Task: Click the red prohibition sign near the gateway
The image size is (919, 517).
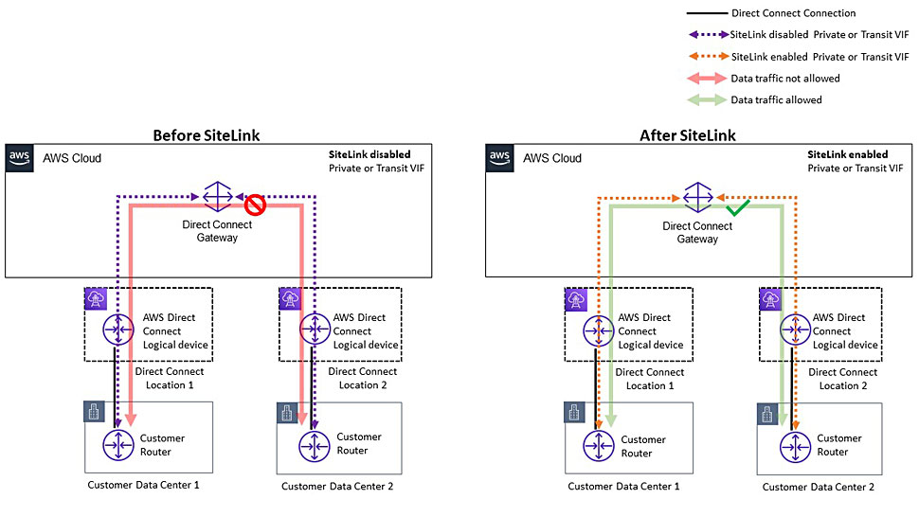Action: pyautogui.click(x=255, y=205)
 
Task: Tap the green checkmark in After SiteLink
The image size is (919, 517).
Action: pyautogui.click(x=737, y=207)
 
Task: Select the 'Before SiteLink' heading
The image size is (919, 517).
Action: pyautogui.click(x=207, y=135)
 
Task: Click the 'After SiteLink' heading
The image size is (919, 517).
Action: pyautogui.click(x=688, y=135)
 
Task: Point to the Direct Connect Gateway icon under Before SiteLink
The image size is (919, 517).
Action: pyautogui.click(x=218, y=197)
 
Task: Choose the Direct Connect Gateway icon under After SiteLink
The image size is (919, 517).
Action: pyautogui.click(x=698, y=197)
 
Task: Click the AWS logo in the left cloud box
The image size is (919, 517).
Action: pyautogui.click(x=19, y=158)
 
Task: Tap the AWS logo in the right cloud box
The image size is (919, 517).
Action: pyautogui.click(x=499, y=158)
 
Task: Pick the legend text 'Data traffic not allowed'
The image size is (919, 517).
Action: pyautogui.click(x=784, y=79)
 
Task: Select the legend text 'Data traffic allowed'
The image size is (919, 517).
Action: pyautogui.click(x=776, y=100)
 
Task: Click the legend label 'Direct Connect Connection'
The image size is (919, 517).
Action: pyautogui.click(x=794, y=13)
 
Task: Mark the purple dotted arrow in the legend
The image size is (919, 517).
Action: pyautogui.click(x=708, y=35)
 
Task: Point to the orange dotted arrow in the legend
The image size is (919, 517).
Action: pyautogui.click(x=708, y=57)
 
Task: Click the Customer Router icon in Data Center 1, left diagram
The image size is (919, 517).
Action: pyautogui.click(x=118, y=445)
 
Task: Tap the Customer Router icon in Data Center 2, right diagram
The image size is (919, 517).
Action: pyautogui.click(x=795, y=447)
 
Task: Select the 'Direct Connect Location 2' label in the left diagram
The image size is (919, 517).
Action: pyautogui.click(x=362, y=378)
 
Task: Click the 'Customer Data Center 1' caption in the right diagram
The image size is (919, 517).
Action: pyautogui.click(x=623, y=486)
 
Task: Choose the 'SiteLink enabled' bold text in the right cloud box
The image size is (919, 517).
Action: pyautogui.click(x=848, y=154)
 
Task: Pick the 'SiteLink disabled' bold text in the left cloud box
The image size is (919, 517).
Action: pyautogui.click(x=369, y=154)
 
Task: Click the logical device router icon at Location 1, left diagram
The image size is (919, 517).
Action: pyautogui.click(x=118, y=330)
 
